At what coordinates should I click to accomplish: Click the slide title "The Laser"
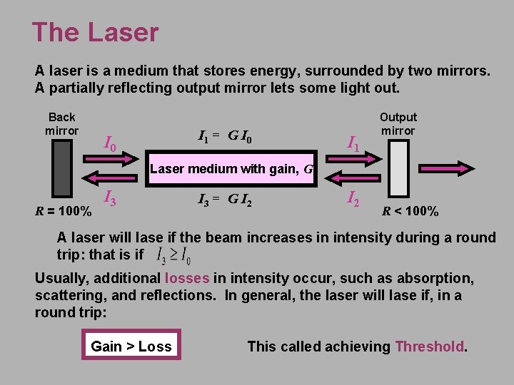[x=95, y=33]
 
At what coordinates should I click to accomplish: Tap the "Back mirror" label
[x=62, y=123]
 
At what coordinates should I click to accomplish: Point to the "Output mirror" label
[x=398, y=123]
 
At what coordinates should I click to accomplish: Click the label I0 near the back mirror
[x=109, y=145]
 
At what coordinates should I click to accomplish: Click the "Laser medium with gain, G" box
[x=231, y=169]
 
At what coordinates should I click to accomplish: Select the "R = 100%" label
[x=64, y=212]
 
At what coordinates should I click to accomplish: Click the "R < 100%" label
[x=410, y=211]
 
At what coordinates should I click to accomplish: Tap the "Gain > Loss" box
[x=131, y=346]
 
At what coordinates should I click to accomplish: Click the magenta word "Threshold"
[x=430, y=346]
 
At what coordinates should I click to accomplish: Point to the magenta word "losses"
[x=187, y=278]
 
